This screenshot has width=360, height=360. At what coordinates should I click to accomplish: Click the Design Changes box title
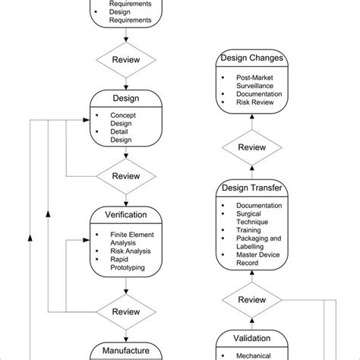251,58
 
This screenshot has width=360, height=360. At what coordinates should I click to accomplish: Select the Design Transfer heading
251,188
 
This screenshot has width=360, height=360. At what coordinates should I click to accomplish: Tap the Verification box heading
126,215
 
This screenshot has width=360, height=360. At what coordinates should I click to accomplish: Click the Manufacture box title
126,350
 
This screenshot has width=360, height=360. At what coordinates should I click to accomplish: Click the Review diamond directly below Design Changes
251,147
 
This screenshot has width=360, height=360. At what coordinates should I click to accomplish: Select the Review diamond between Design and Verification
126,175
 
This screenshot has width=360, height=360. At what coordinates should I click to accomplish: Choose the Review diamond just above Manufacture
126,311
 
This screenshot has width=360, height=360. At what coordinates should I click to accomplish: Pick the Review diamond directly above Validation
251,300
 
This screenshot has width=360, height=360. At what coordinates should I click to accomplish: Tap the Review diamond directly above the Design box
126,59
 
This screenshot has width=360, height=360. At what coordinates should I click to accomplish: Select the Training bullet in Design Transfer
249,230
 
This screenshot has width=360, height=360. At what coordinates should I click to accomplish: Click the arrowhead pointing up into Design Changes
251,119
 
